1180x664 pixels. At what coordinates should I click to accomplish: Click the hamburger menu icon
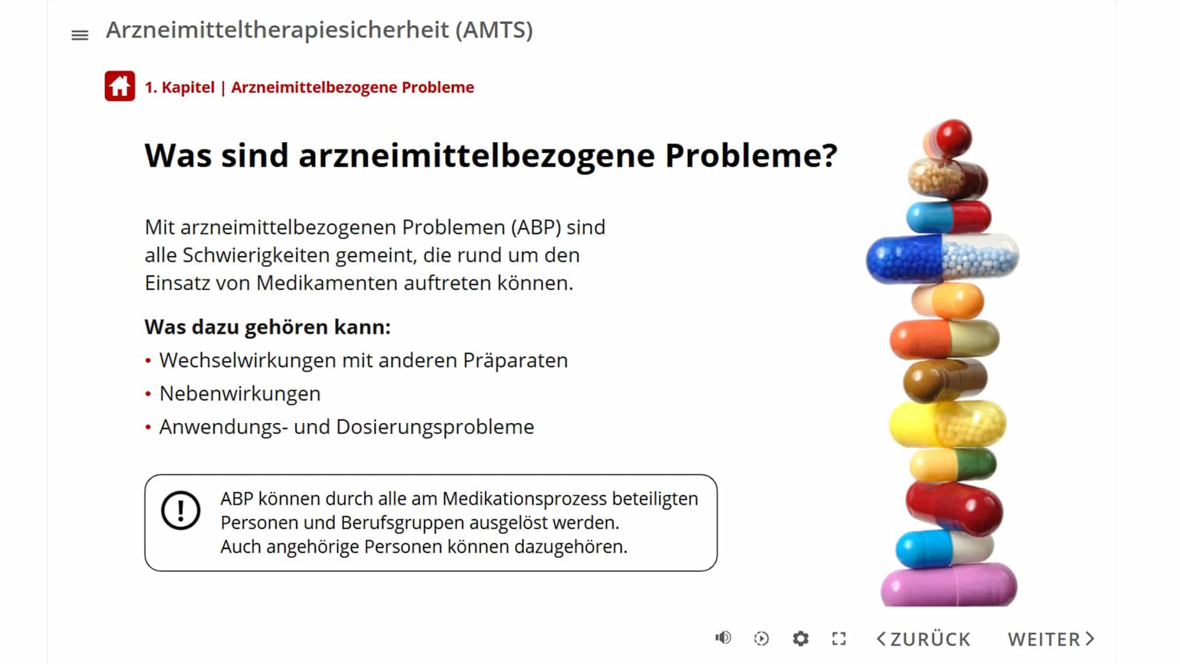click(x=80, y=35)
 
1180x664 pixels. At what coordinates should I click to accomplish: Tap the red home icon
click(x=120, y=86)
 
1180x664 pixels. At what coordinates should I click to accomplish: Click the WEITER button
click(x=1051, y=639)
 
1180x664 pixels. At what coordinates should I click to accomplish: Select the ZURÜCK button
click(x=923, y=639)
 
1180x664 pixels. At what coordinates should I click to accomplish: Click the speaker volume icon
click(x=723, y=638)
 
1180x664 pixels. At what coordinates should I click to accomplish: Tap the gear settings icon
click(x=800, y=639)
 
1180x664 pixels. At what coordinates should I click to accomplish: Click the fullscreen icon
click(x=839, y=639)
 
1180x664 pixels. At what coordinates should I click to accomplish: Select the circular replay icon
click(x=761, y=639)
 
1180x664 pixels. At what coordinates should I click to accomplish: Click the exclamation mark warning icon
click(x=181, y=510)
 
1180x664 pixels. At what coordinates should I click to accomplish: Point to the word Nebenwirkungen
click(x=240, y=393)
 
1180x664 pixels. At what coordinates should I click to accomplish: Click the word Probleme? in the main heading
click(x=751, y=155)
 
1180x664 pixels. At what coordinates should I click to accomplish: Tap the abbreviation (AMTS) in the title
click(x=494, y=30)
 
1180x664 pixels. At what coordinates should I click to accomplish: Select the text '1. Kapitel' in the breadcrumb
click(x=179, y=87)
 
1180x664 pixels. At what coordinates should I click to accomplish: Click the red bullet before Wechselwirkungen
click(x=148, y=361)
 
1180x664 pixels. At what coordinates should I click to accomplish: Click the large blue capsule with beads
click(x=942, y=258)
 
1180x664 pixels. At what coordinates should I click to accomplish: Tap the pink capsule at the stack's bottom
click(x=949, y=585)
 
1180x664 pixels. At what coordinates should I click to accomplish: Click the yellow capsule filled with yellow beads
click(x=947, y=424)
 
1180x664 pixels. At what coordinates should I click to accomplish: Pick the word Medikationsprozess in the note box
click(x=524, y=499)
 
